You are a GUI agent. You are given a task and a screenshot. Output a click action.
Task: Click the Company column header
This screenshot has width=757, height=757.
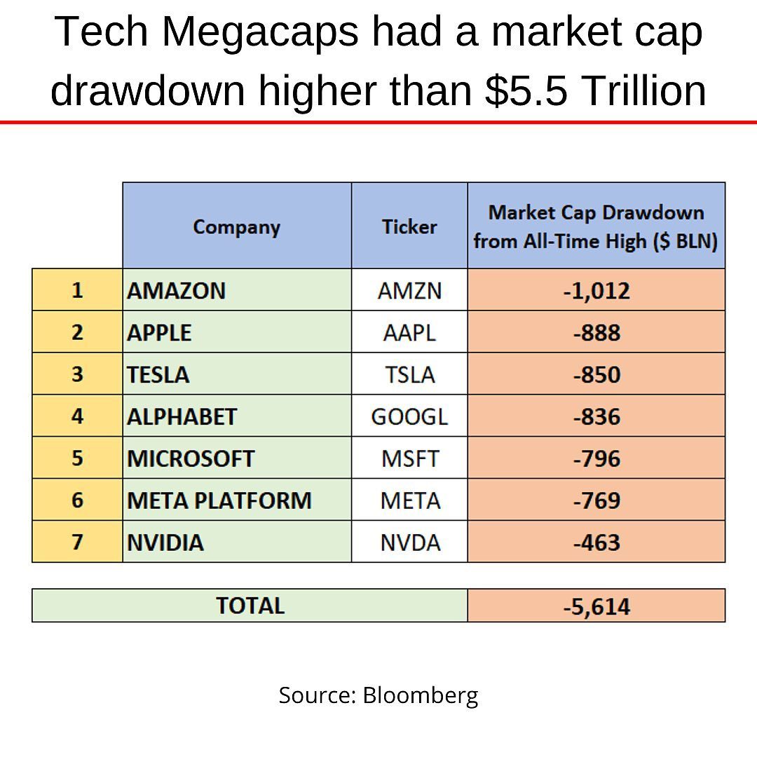click(x=236, y=226)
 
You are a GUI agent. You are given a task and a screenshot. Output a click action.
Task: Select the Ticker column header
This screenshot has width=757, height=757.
click(x=409, y=226)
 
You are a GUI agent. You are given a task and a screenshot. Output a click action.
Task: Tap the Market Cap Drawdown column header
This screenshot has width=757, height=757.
click(x=596, y=226)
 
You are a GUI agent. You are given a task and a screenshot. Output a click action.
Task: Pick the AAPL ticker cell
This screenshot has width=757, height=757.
click(x=409, y=332)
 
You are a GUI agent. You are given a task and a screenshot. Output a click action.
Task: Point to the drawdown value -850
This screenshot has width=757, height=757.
click(x=596, y=374)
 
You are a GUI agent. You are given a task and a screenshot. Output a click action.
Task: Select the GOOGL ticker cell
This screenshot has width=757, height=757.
click(x=409, y=416)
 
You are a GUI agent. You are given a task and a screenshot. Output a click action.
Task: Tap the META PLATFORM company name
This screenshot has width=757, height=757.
click(x=219, y=500)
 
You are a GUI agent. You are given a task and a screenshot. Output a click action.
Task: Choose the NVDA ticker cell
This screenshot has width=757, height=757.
click(x=409, y=543)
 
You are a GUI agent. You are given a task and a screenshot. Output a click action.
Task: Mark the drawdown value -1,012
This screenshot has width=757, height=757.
click(x=596, y=290)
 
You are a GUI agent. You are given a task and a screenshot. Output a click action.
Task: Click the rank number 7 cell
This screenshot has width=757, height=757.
click(x=77, y=542)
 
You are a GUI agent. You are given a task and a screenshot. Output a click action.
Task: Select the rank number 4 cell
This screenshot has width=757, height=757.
click(x=77, y=416)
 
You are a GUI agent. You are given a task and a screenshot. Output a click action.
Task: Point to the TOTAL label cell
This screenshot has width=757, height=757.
click(x=250, y=606)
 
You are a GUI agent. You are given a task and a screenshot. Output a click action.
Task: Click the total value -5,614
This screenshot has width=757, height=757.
click(x=596, y=606)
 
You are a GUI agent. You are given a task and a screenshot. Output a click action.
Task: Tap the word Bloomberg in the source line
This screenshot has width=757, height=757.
click(x=421, y=695)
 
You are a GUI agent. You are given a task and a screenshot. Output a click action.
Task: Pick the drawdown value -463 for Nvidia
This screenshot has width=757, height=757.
click(x=596, y=543)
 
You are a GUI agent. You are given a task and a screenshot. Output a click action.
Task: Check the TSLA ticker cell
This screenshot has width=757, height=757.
click(x=409, y=374)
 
